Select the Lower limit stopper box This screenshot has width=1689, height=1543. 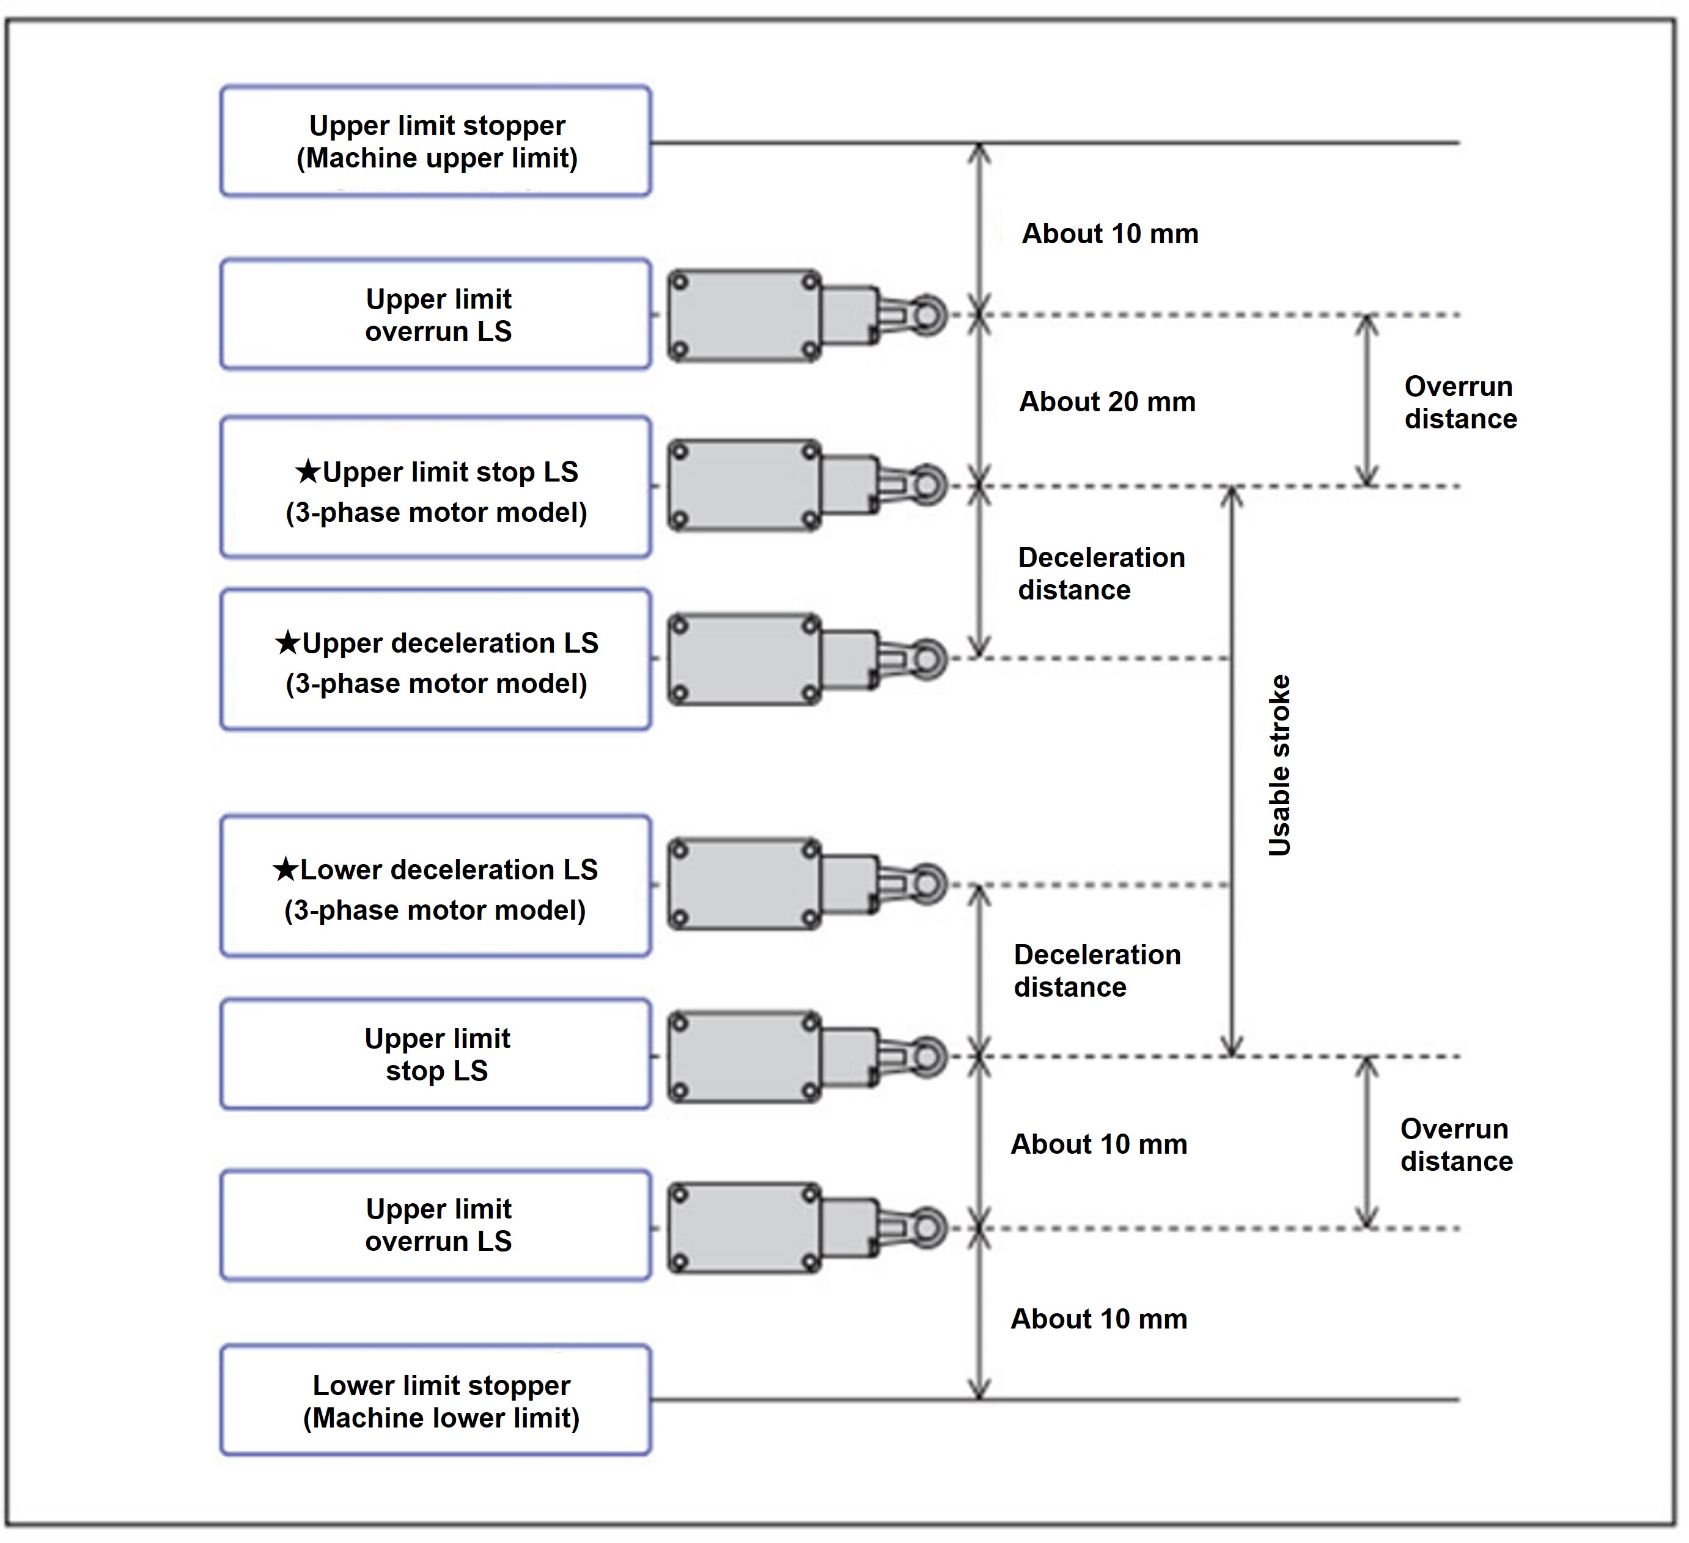tap(436, 1401)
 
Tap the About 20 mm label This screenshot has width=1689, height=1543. tap(1106, 402)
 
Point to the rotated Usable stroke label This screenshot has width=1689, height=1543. tap(1278, 765)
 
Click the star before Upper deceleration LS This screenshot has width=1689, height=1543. tap(287, 643)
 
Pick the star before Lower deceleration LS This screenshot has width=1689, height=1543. tap(285, 870)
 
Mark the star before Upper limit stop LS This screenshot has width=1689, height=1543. tap(308, 472)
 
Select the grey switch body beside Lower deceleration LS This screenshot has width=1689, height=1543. tap(744, 884)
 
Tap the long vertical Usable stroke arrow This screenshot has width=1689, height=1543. tap(1231, 771)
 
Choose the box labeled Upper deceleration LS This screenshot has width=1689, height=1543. tap(436, 660)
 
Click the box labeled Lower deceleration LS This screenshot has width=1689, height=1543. tap(436, 886)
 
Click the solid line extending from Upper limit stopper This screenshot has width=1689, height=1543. tap(1173, 143)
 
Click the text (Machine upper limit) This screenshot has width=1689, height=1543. tap(437, 158)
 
